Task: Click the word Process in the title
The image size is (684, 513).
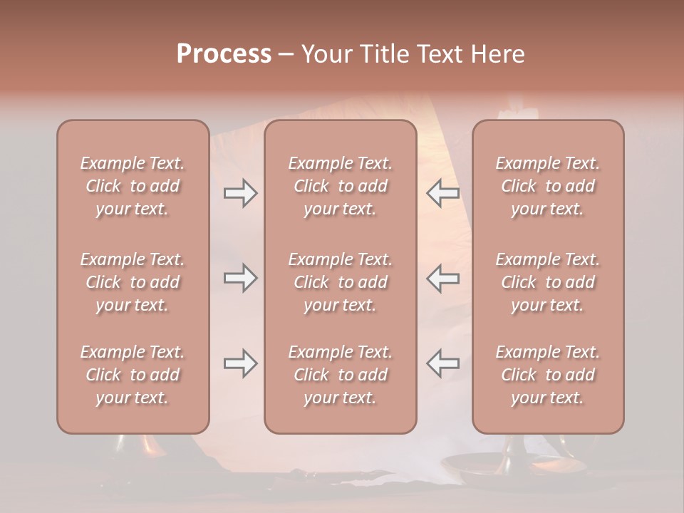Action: click(224, 54)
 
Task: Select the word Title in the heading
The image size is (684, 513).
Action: click(380, 54)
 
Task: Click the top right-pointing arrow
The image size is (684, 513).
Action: click(240, 193)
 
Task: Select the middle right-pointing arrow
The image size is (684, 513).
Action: click(240, 278)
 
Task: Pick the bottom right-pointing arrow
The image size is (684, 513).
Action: click(240, 363)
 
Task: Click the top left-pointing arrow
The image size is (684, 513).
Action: click(442, 193)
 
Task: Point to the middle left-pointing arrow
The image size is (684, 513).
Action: click(442, 278)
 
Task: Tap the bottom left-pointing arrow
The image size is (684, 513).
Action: click(442, 363)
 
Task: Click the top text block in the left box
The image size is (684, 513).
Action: click(133, 186)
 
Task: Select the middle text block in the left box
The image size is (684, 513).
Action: click(133, 282)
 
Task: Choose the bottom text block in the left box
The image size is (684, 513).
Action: click(133, 375)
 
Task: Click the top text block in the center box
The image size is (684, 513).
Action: click(341, 186)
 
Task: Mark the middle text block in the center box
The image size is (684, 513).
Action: click(341, 282)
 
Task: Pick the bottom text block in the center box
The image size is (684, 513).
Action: click(341, 375)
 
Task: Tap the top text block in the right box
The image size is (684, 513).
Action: click(548, 186)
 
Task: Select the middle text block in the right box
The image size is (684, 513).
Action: click(548, 282)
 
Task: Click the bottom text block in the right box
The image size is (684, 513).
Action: click(548, 375)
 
